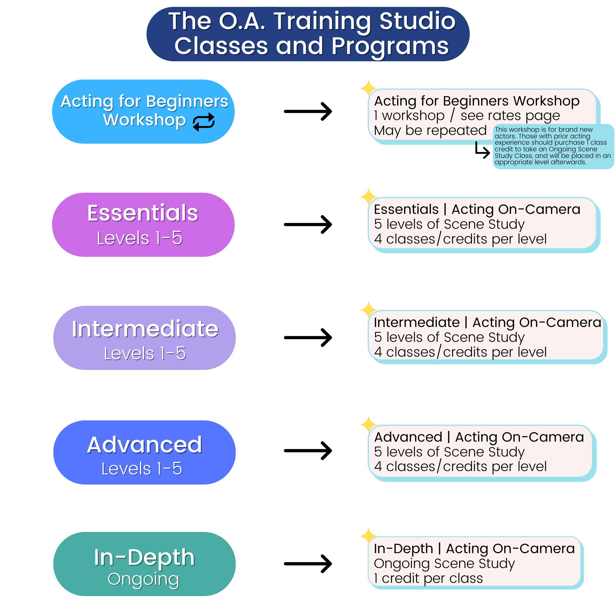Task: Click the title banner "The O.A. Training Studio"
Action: pyautogui.click(x=308, y=34)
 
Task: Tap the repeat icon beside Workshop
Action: pyautogui.click(x=204, y=122)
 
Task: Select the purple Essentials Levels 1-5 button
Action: pyautogui.click(x=143, y=225)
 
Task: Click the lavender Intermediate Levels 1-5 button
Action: pyautogui.click(x=144, y=338)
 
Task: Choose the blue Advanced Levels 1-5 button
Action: pyautogui.click(x=144, y=452)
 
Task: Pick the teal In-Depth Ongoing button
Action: pyautogui.click(x=144, y=564)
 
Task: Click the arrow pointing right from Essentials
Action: pyautogui.click(x=308, y=225)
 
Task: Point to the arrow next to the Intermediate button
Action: pyautogui.click(x=308, y=337)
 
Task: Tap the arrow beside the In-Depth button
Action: pyautogui.click(x=308, y=564)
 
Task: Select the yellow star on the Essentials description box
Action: pyautogui.click(x=368, y=197)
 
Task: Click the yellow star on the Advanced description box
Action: pyautogui.click(x=368, y=425)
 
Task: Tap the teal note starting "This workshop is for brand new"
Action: pyautogui.click(x=553, y=146)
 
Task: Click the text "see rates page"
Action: pyautogui.click(x=510, y=115)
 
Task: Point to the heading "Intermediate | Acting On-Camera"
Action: pyautogui.click(x=487, y=322)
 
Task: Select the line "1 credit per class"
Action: pyautogui.click(x=428, y=578)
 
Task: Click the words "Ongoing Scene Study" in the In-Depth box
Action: pyautogui.click(x=444, y=564)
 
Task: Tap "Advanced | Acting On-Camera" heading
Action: pyautogui.click(x=479, y=437)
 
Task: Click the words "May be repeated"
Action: pyautogui.click(x=430, y=131)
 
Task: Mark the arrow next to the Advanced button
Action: pyautogui.click(x=308, y=450)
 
